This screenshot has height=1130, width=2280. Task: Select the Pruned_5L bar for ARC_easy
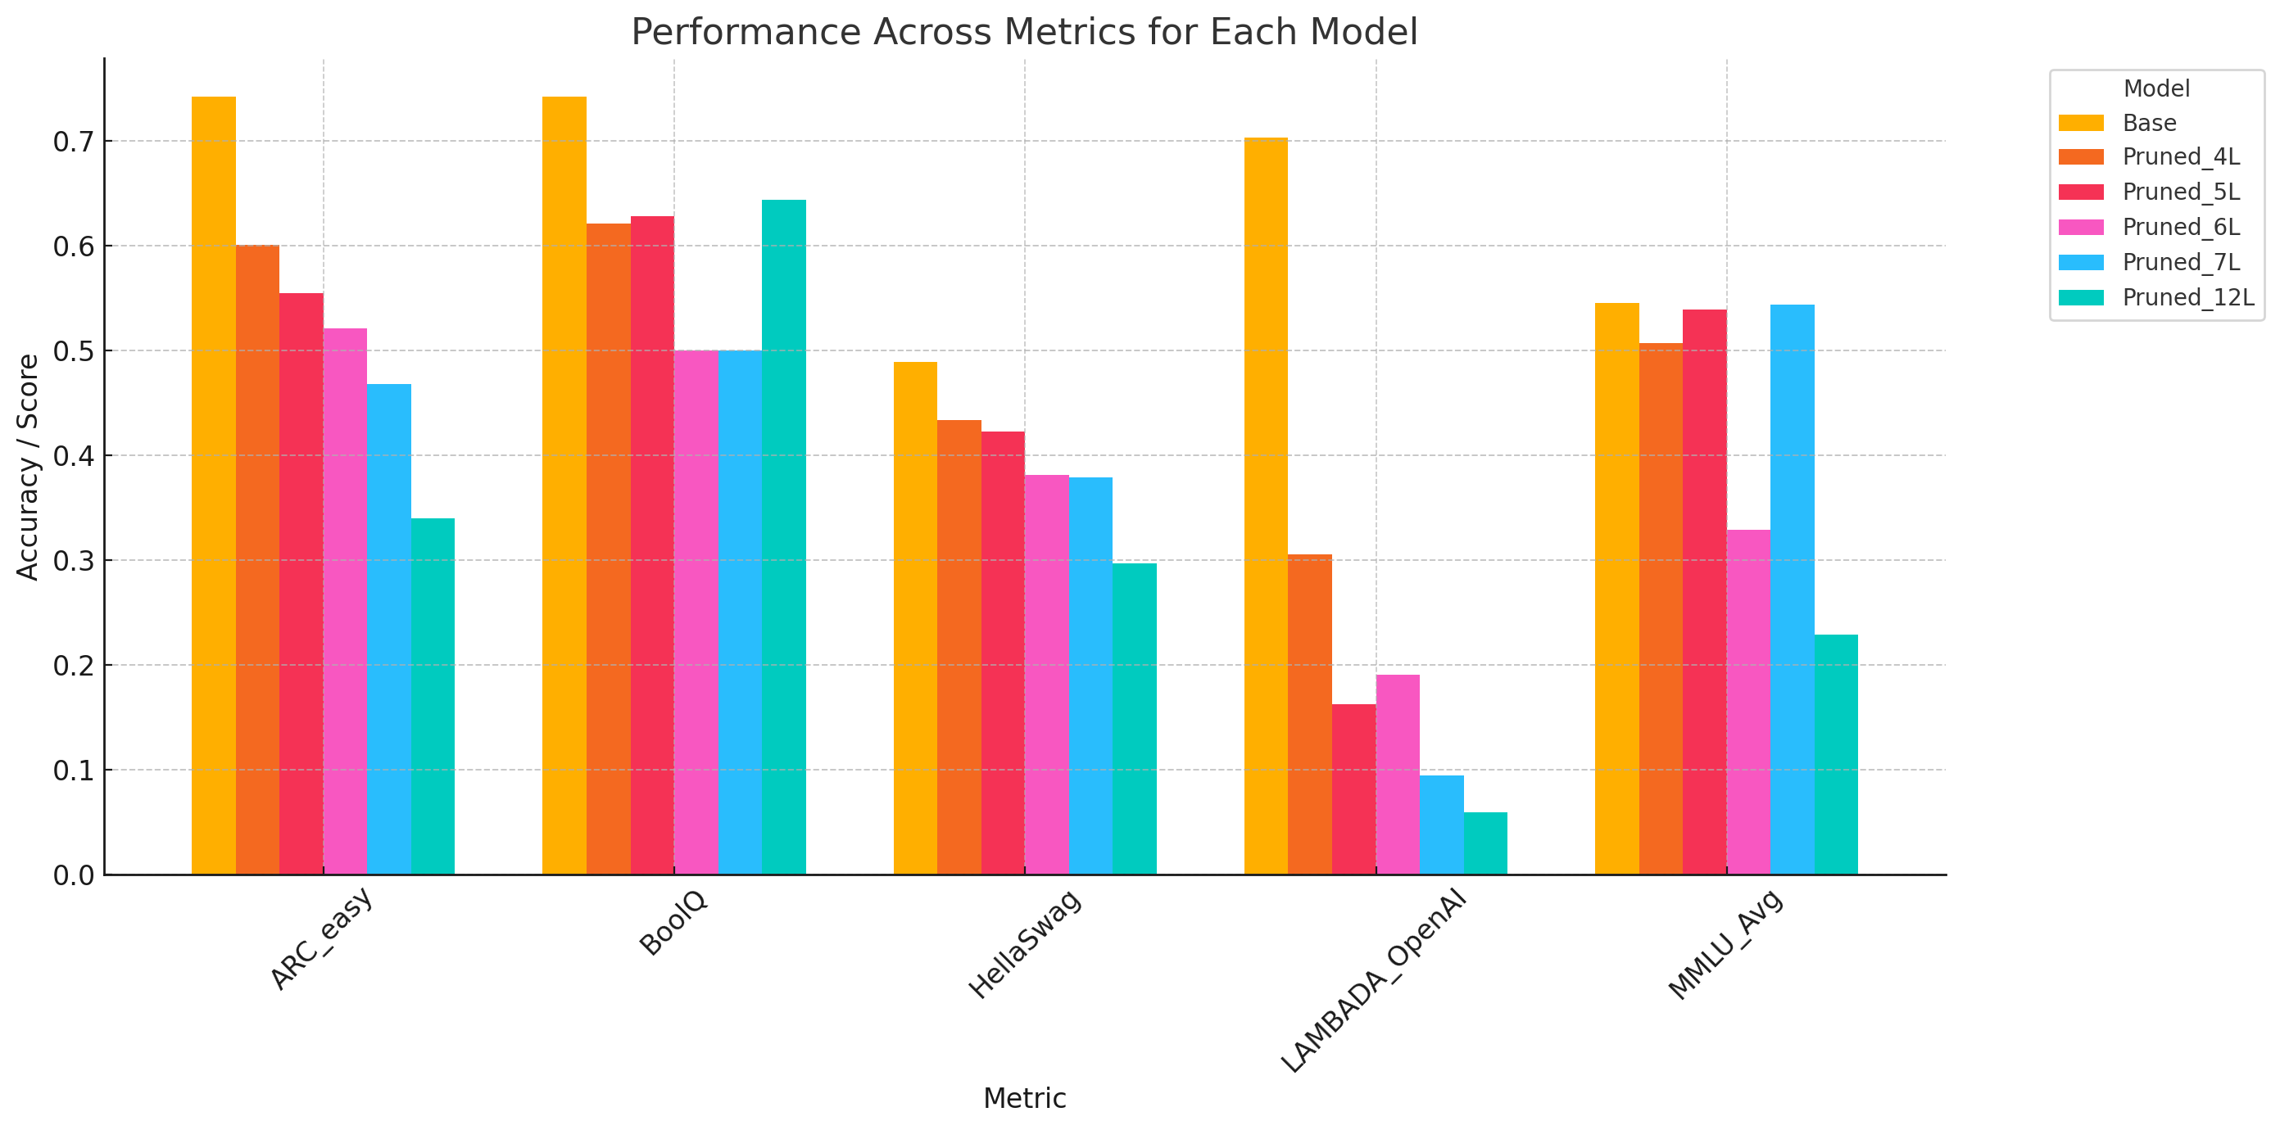(301, 584)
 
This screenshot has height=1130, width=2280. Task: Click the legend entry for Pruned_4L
(2180, 157)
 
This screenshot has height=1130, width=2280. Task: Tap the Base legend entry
(2149, 123)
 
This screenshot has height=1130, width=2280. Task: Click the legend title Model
(2156, 88)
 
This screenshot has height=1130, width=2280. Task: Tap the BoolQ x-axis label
(673, 922)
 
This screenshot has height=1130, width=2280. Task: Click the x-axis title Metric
(1024, 1098)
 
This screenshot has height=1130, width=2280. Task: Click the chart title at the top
(1024, 32)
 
